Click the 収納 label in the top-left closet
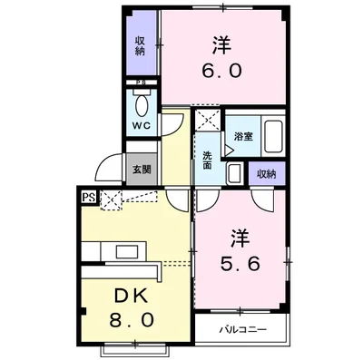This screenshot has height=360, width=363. point(141,46)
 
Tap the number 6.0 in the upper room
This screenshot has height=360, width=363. point(221,70)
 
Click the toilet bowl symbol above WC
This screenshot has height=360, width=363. point(141,102)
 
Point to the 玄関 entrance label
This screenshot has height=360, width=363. point(141,170)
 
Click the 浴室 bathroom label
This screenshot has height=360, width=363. point(242,137)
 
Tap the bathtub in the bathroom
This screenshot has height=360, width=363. point(271,139)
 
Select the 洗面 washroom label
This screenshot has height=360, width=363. point(207,161)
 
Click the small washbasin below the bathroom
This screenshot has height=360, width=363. point(233,172)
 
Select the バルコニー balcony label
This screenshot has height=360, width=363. point(241,326)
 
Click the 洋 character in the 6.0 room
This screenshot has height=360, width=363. point(221,44)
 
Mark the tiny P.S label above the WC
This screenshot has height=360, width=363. point(140,84)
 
